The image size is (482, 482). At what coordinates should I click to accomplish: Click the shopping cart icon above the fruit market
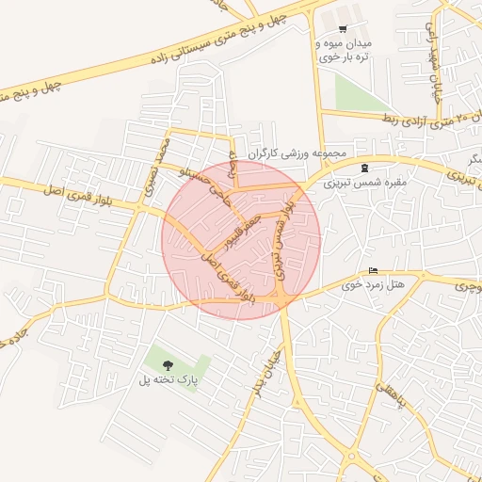[x=342, y=28]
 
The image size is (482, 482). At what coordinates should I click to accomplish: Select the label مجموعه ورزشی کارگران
[x=298, y=153]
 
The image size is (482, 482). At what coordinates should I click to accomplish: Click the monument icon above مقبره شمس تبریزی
[x=338, y=169]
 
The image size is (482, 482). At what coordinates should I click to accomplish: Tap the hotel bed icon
[x=373, y=270]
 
